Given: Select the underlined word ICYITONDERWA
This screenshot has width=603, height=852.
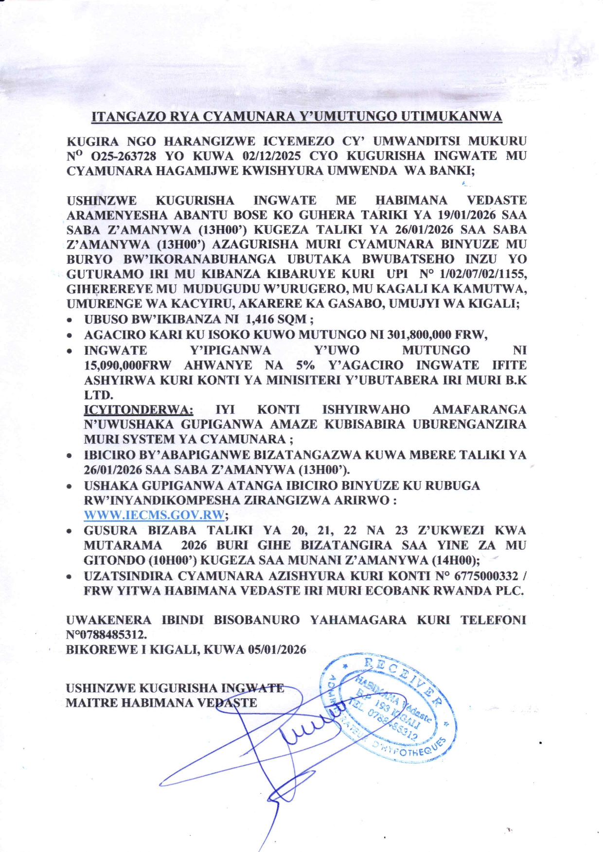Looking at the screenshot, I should point(139,410).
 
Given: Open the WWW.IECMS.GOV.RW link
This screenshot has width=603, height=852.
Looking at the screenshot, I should point(154,515).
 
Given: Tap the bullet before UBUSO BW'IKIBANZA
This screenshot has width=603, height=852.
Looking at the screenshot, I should point(71,320).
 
